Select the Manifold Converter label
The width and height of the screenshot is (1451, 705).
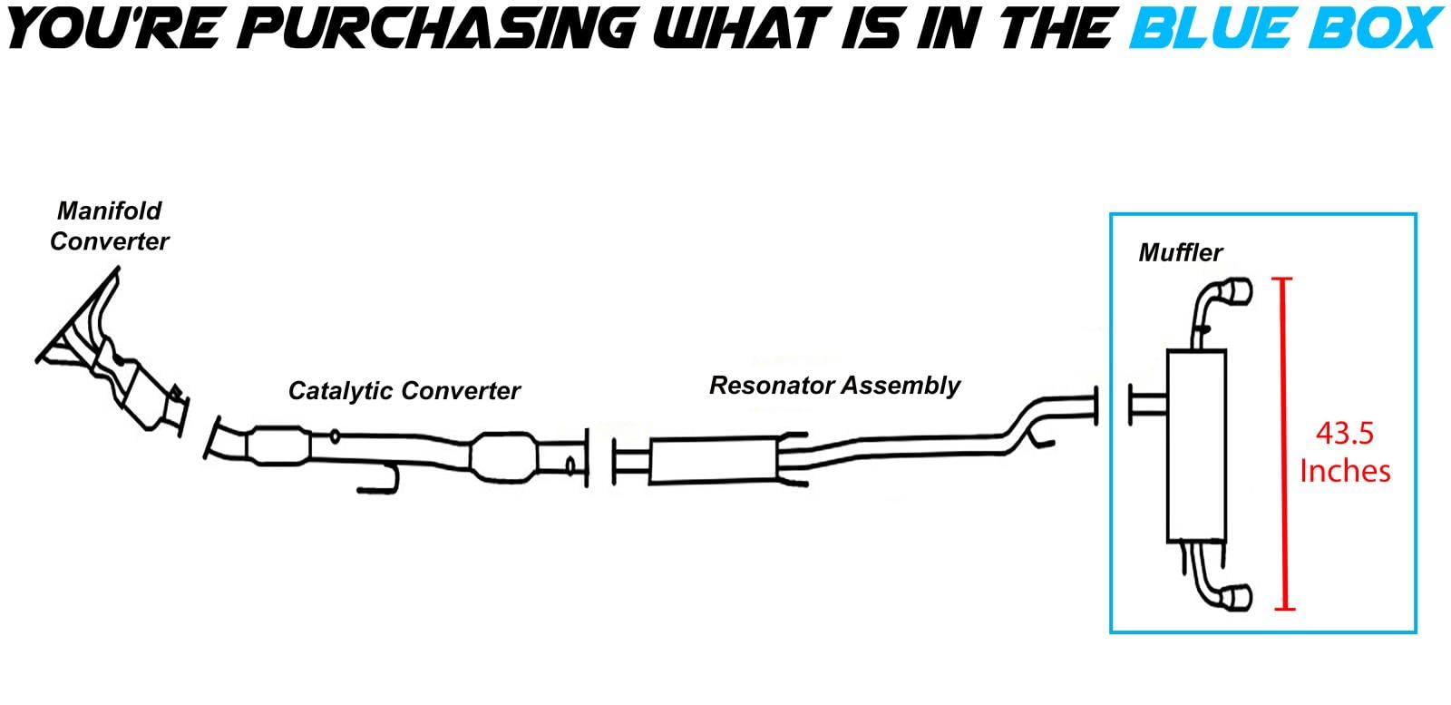click(109, 226)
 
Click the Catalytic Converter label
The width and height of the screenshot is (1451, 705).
click(404, 391)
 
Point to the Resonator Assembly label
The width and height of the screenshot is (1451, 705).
click(835, 386)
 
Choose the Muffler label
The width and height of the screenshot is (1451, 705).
click(1180, 253)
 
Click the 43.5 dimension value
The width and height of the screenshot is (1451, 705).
click(1345, 434)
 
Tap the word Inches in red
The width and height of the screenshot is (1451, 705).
click(1346, 471)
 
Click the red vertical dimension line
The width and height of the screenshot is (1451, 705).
click(1283, 444)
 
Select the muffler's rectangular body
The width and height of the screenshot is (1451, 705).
click(1196, 446)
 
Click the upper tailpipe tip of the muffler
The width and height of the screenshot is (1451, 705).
click(1238, 291)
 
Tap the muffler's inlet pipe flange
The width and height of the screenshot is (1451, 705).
click(1131, 405)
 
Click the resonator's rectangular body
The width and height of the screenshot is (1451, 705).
click(713, 461)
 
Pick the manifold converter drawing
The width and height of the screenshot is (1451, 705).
click(112, 352)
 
